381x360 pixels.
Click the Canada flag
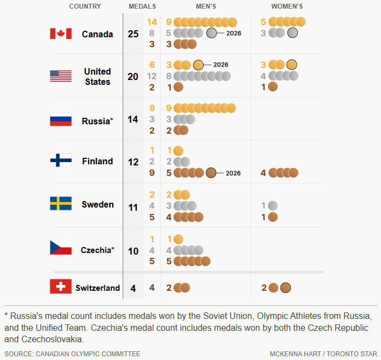click(61, 34)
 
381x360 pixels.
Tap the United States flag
click(61, 76)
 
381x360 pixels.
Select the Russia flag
click(61, 119)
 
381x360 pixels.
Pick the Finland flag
click(61, 161)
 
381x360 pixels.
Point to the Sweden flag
click(61, 204)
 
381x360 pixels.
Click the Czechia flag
click(61, 248)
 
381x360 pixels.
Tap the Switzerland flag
click(61, 286)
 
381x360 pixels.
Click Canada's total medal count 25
click(133, 34)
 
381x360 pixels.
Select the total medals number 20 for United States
click(133, 77)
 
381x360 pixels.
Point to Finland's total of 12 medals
click(133, 162)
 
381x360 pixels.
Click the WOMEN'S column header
click(287, 6)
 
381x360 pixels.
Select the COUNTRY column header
click(85, 6)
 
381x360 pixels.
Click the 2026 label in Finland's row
click(233, 174)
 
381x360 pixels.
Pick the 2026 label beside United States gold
click(221, 65)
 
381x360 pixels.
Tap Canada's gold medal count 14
click(152, 22)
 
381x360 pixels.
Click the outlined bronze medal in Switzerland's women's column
click(285, 288)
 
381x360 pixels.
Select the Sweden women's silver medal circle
click(273, 205)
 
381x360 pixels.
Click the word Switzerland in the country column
click(98, 288)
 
